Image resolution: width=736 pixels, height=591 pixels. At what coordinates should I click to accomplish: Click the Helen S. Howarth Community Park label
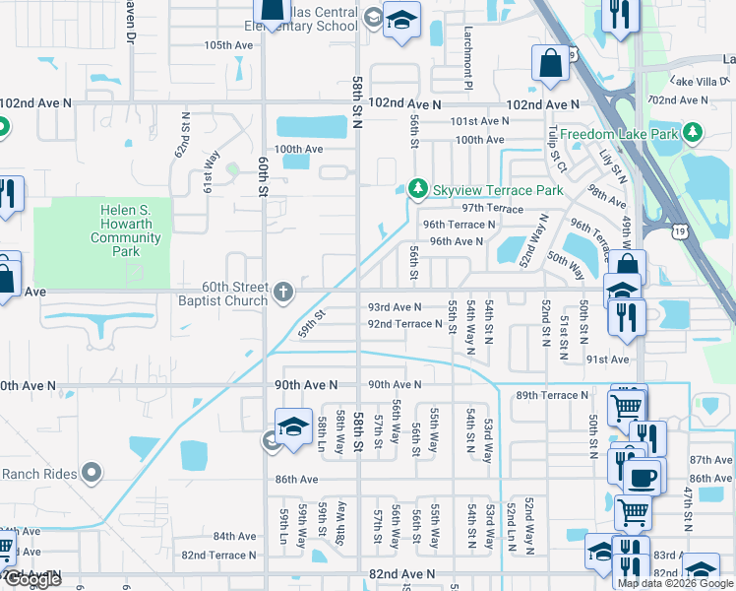[x=126, y=230]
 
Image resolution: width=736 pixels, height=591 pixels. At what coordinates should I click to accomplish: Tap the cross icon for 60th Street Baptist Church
[x=283, y=291]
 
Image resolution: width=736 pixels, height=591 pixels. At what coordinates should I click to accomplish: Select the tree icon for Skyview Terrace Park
[x=417, y=188]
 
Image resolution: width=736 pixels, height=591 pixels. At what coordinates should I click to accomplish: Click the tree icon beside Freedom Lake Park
[x=693, y=132]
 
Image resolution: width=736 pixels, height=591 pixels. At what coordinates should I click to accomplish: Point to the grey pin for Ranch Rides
[x=92, y=474]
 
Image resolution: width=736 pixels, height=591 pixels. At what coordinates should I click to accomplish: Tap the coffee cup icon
[x=644, y=478]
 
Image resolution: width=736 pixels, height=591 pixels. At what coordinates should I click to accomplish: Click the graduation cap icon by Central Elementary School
[x=401, y=20]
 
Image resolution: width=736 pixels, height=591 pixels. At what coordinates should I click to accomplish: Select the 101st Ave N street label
[x=479, y=121]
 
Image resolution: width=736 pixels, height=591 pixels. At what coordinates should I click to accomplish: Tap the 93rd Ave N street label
[x=394, y=307]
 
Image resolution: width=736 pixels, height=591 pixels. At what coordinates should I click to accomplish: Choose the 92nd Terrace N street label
[x=404, y=323]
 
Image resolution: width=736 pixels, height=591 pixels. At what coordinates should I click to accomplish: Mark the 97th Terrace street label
[x=493, y=209]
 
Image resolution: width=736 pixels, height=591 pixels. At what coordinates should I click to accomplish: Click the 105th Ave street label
[x=228, y=45]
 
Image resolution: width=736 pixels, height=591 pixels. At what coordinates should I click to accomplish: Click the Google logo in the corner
[x=32, y=580]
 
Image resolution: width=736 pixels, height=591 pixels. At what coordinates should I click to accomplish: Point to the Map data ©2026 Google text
[x=674, y=583]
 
